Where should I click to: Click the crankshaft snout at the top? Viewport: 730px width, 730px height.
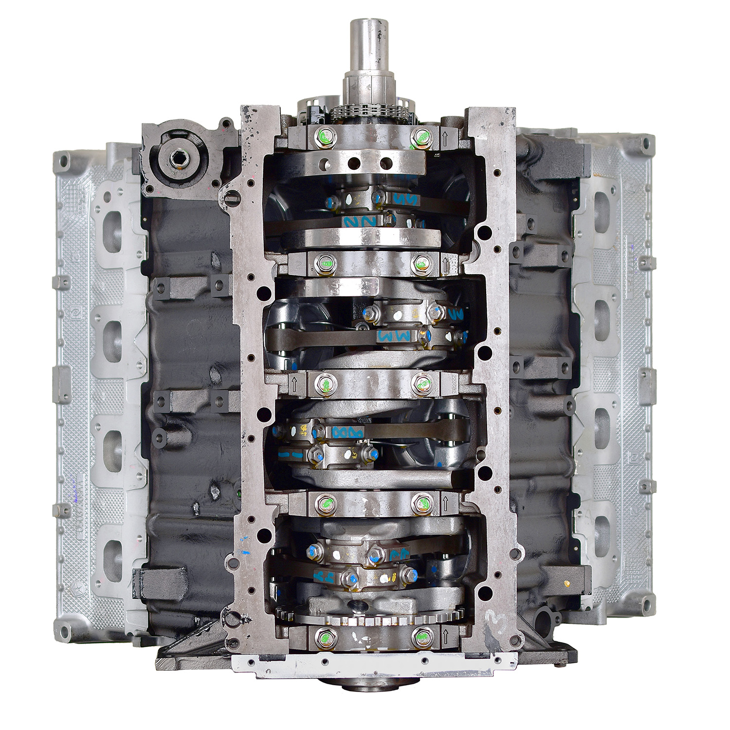pyautogui.click(x=368, y=49)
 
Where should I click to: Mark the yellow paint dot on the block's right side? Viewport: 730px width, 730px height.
pyautogui.click(x=567, y=582)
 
